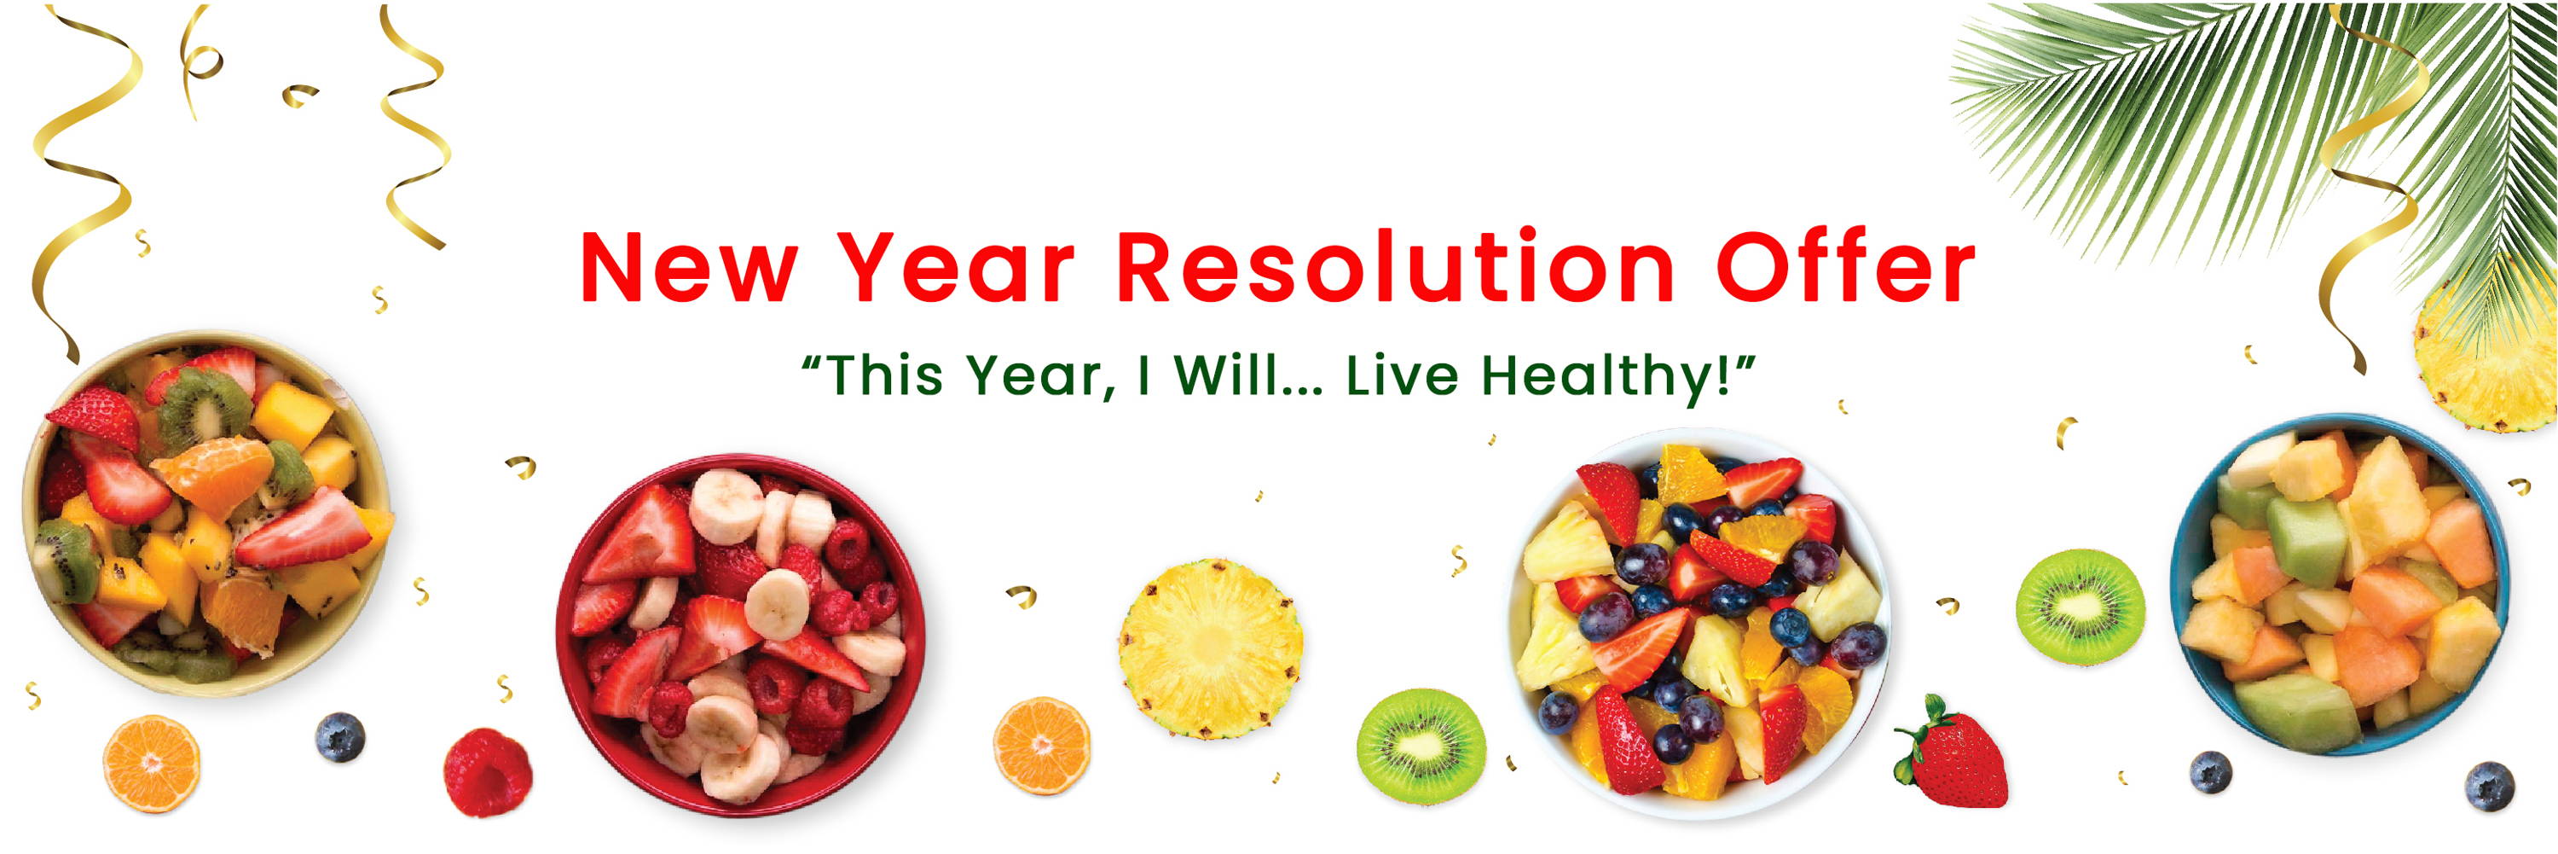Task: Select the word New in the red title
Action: (x=689, y=268)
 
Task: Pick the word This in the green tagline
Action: (x=882, y=375)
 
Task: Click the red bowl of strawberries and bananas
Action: (x=740, y=636)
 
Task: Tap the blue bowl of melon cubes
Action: (x=2341, y=585)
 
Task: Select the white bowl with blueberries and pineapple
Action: (x=1699, y=624)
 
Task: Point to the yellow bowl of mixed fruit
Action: (x=205, y=514)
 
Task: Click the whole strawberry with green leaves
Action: (x=1950, y=752)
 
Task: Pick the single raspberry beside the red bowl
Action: (x=487, y=773)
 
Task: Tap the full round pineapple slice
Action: (x=1211, y=649)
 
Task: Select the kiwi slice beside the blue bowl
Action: (x=2080, y=607)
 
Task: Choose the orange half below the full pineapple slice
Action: (x=1043, y=746)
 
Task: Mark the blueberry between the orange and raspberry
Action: (x=339, y=738)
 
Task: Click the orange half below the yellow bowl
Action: (x=152, y=764)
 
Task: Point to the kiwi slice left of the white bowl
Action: (x=1421, y=747)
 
